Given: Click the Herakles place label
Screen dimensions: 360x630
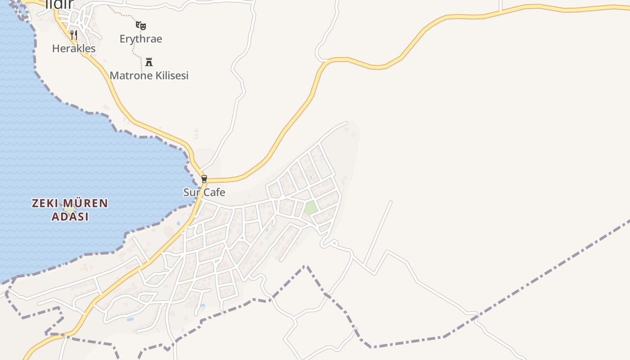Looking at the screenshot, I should pos(74,49).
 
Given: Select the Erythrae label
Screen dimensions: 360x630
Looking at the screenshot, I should pos(140,39).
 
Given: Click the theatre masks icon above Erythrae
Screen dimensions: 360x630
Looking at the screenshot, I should pos(141,25).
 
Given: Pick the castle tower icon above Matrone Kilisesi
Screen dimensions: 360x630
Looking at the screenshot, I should pos(149,62).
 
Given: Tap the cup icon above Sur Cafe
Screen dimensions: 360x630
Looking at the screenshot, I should pos(204,179).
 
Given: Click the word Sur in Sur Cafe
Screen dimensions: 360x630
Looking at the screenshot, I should pos(191,193).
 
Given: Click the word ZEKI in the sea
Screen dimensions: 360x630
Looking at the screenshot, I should pos(45,203).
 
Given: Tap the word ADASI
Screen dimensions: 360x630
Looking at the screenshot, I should pos(70,216).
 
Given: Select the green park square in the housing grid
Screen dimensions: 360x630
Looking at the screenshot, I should pos(310,208).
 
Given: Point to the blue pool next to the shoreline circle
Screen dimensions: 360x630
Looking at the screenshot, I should pos(179,223).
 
